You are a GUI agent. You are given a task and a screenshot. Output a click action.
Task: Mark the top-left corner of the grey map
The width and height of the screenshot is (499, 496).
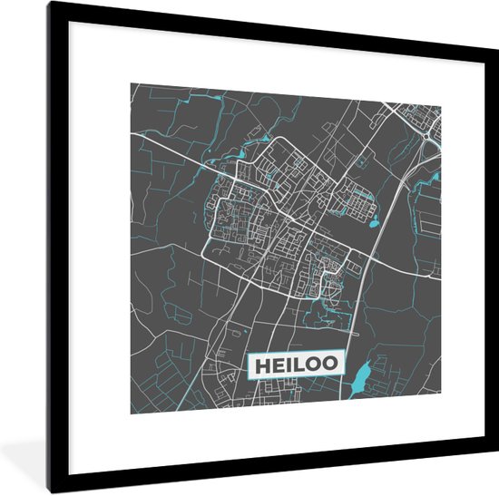click(131, 83)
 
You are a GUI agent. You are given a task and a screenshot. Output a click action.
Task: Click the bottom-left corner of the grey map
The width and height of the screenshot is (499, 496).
click(131, 413)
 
